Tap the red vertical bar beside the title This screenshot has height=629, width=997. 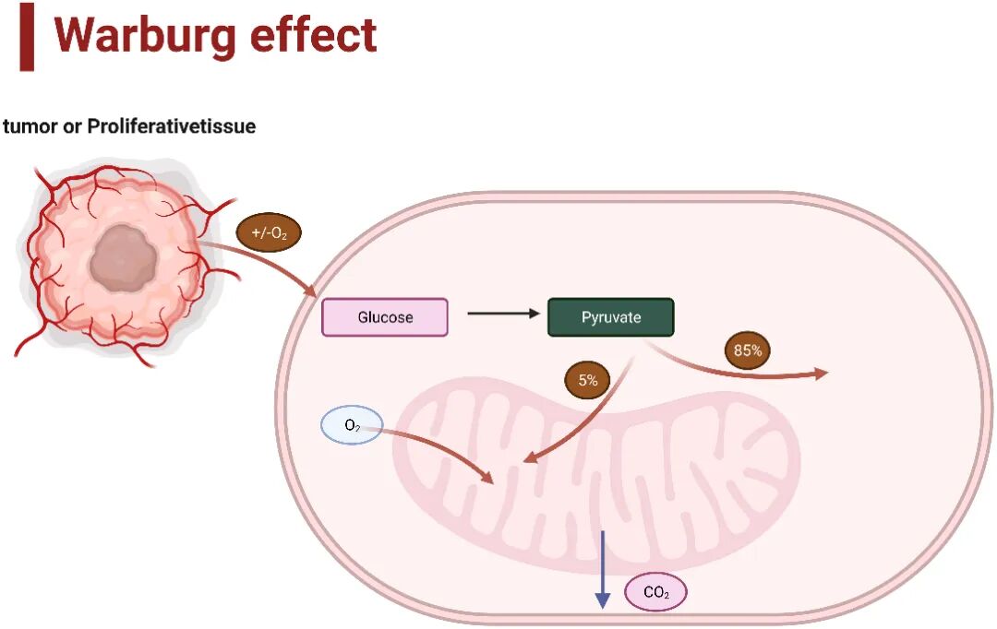27,37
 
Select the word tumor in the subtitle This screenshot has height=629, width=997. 25,126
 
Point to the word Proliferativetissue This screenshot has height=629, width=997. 171,126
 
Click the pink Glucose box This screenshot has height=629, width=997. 385,317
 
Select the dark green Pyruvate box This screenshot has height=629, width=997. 611,317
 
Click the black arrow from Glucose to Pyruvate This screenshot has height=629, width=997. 503,314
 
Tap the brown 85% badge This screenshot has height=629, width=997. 748,350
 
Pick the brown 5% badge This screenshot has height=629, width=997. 588,380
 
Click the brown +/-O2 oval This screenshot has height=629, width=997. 269,233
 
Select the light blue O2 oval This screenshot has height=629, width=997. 352,425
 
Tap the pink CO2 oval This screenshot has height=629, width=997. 655,592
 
